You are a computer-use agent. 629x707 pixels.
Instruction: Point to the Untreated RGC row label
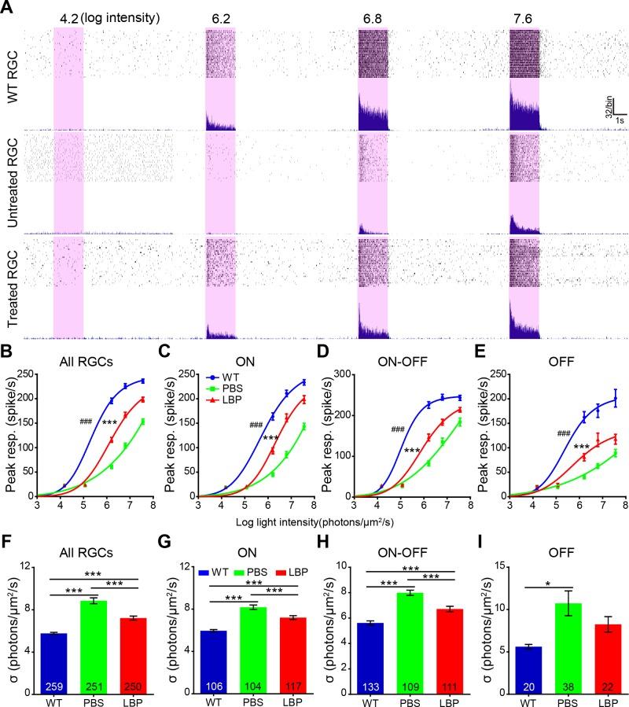10,180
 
